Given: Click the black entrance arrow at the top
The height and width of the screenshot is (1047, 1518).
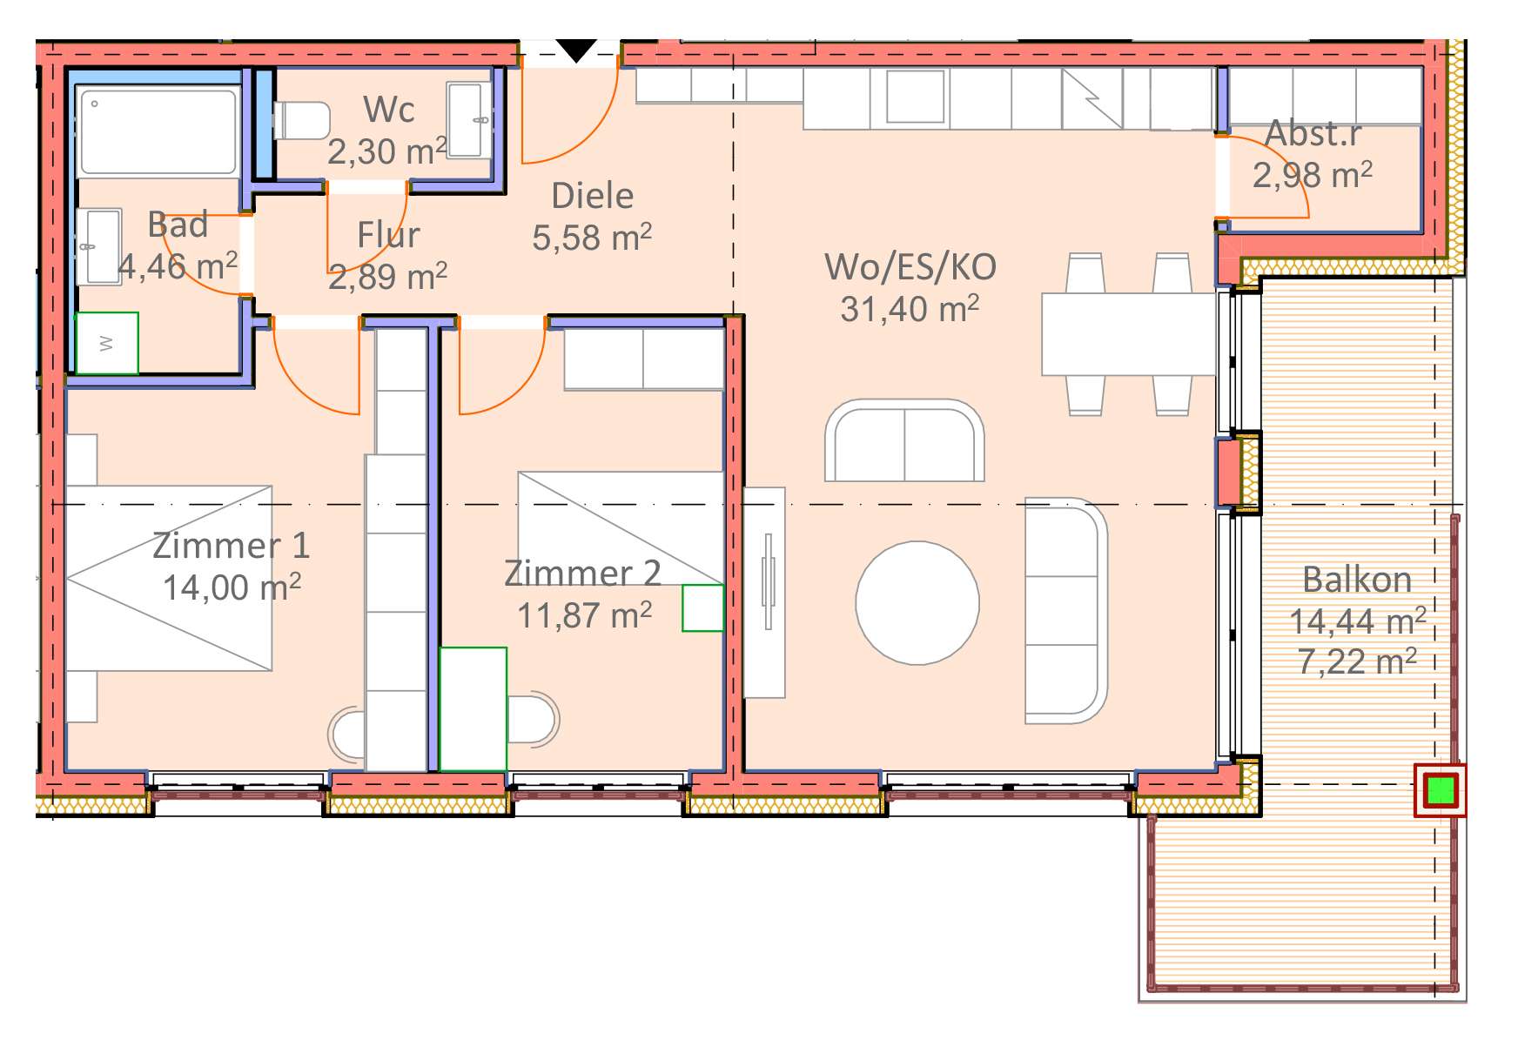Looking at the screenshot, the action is [576, 50].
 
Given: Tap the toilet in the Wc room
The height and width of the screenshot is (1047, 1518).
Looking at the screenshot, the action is [302, 120].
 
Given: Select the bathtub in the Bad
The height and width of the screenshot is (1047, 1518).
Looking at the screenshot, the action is [158, 131].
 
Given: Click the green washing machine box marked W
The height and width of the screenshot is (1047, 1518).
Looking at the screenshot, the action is [107, 343].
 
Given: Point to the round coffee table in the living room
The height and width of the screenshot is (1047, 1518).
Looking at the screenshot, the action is [917, 602].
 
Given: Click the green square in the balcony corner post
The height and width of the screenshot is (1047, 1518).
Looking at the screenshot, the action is [1441, 790].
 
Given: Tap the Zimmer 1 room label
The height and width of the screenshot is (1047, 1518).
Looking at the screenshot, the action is [232, 546].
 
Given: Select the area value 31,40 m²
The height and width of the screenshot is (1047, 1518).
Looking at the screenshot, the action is [910, 309].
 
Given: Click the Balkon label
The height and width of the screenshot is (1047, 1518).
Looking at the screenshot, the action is [1357, 580].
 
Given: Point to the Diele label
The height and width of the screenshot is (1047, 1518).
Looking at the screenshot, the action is [593, 196].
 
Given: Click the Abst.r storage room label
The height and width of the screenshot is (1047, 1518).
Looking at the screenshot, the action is [1313, 134].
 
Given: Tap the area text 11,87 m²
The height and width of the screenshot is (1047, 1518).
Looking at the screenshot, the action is [585, 615].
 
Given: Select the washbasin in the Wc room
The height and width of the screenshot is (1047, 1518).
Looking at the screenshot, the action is [468, 120].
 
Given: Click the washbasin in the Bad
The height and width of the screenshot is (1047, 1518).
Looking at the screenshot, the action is [98, 246].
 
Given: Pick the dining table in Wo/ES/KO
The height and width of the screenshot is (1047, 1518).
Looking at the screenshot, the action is [1128, 334].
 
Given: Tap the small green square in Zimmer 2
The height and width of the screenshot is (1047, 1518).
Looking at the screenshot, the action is [702, 607].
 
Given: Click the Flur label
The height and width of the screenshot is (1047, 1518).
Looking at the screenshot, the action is [388, 235].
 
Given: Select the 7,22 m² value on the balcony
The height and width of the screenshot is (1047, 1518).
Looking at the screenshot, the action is [1357, 662].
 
